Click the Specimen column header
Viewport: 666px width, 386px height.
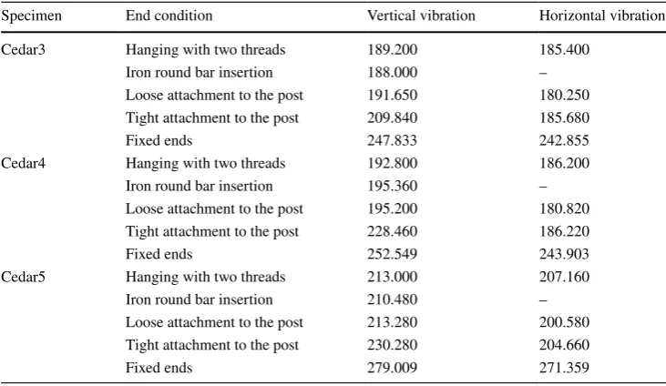click(31, 16)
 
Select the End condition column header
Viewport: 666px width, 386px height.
click(169, 15)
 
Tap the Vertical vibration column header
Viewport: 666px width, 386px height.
click(421, 15)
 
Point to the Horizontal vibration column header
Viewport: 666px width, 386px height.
click(602, 15)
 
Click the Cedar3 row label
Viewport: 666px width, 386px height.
click(23, 50)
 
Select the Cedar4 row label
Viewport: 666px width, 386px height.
click(23, 164)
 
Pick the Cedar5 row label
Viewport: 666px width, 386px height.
click(23, 277)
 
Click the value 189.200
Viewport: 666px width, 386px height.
click(392, 50)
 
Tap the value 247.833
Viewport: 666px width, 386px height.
click(392, 140)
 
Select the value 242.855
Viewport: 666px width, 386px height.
click(564, 140)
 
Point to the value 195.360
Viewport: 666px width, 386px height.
click(392, 186)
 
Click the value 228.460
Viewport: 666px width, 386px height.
click(392, 231)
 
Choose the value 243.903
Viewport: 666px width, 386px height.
click(564, 254)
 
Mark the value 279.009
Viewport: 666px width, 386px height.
click(392, 368)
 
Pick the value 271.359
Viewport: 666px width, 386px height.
click(564, 368)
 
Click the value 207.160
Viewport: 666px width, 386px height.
click(564, 277)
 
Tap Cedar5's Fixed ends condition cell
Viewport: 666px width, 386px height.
click(159, 368)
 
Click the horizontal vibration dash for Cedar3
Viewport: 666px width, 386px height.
click(543, 73)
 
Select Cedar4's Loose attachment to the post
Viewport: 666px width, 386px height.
click(214, 208)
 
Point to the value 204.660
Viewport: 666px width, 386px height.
click(564, 345)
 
